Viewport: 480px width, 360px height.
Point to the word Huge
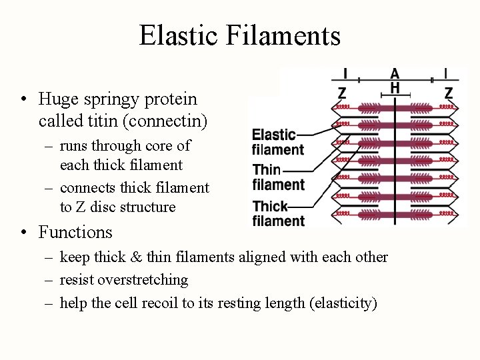click(x=57, y=99)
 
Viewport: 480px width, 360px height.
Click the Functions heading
click(x=75, y=232)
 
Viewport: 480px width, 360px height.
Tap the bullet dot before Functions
click(x=24, y=233)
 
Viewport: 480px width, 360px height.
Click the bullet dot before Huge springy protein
click(x=24, y=100)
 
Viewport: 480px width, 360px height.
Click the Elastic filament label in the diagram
click(x=277, y=142)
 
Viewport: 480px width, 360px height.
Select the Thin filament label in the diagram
click(x=277, y=177)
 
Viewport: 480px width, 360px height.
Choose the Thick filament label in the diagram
click(x=277, y=213)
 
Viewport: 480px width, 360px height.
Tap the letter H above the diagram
click(x=395, y=88)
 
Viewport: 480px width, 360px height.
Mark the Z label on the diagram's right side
click(x=449, y=93)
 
